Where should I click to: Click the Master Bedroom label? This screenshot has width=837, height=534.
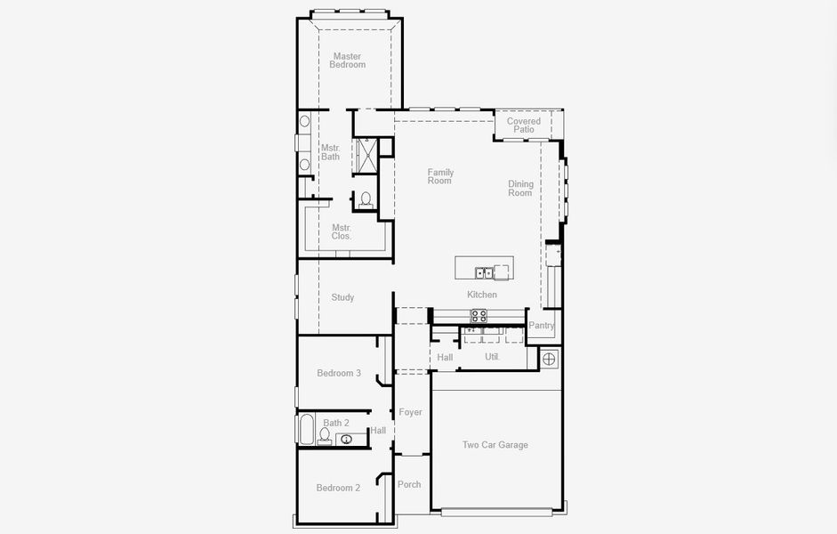(347, 61)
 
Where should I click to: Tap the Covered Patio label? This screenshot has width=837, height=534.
(524, 125)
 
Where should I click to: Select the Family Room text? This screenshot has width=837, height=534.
(440, 176)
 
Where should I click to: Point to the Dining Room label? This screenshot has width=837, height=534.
(520, 189)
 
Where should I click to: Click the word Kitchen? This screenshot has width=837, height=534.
(482, 295)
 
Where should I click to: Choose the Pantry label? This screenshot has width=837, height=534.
(541, 326)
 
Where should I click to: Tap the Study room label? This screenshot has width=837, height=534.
(342, 297)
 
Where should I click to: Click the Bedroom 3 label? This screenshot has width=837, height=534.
(339, 373)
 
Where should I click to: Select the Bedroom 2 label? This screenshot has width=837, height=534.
(339, 488)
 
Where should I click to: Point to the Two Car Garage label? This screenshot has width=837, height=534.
(495, 445)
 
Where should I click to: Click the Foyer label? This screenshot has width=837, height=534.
(410, 412)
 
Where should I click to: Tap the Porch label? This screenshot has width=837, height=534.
(409, 484)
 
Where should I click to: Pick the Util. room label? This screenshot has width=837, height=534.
(492, 357)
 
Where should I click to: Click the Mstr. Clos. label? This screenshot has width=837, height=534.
(342, 231)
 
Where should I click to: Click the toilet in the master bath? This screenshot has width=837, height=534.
(366, 198)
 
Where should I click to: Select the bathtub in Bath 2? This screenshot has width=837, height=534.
(305, 429)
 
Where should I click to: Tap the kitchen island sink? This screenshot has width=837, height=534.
(483, 272)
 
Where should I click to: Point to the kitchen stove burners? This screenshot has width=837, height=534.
(479, 315)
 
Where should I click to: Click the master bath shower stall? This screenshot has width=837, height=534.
(366, 155)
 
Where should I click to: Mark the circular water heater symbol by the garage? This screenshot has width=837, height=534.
(549, 359)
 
